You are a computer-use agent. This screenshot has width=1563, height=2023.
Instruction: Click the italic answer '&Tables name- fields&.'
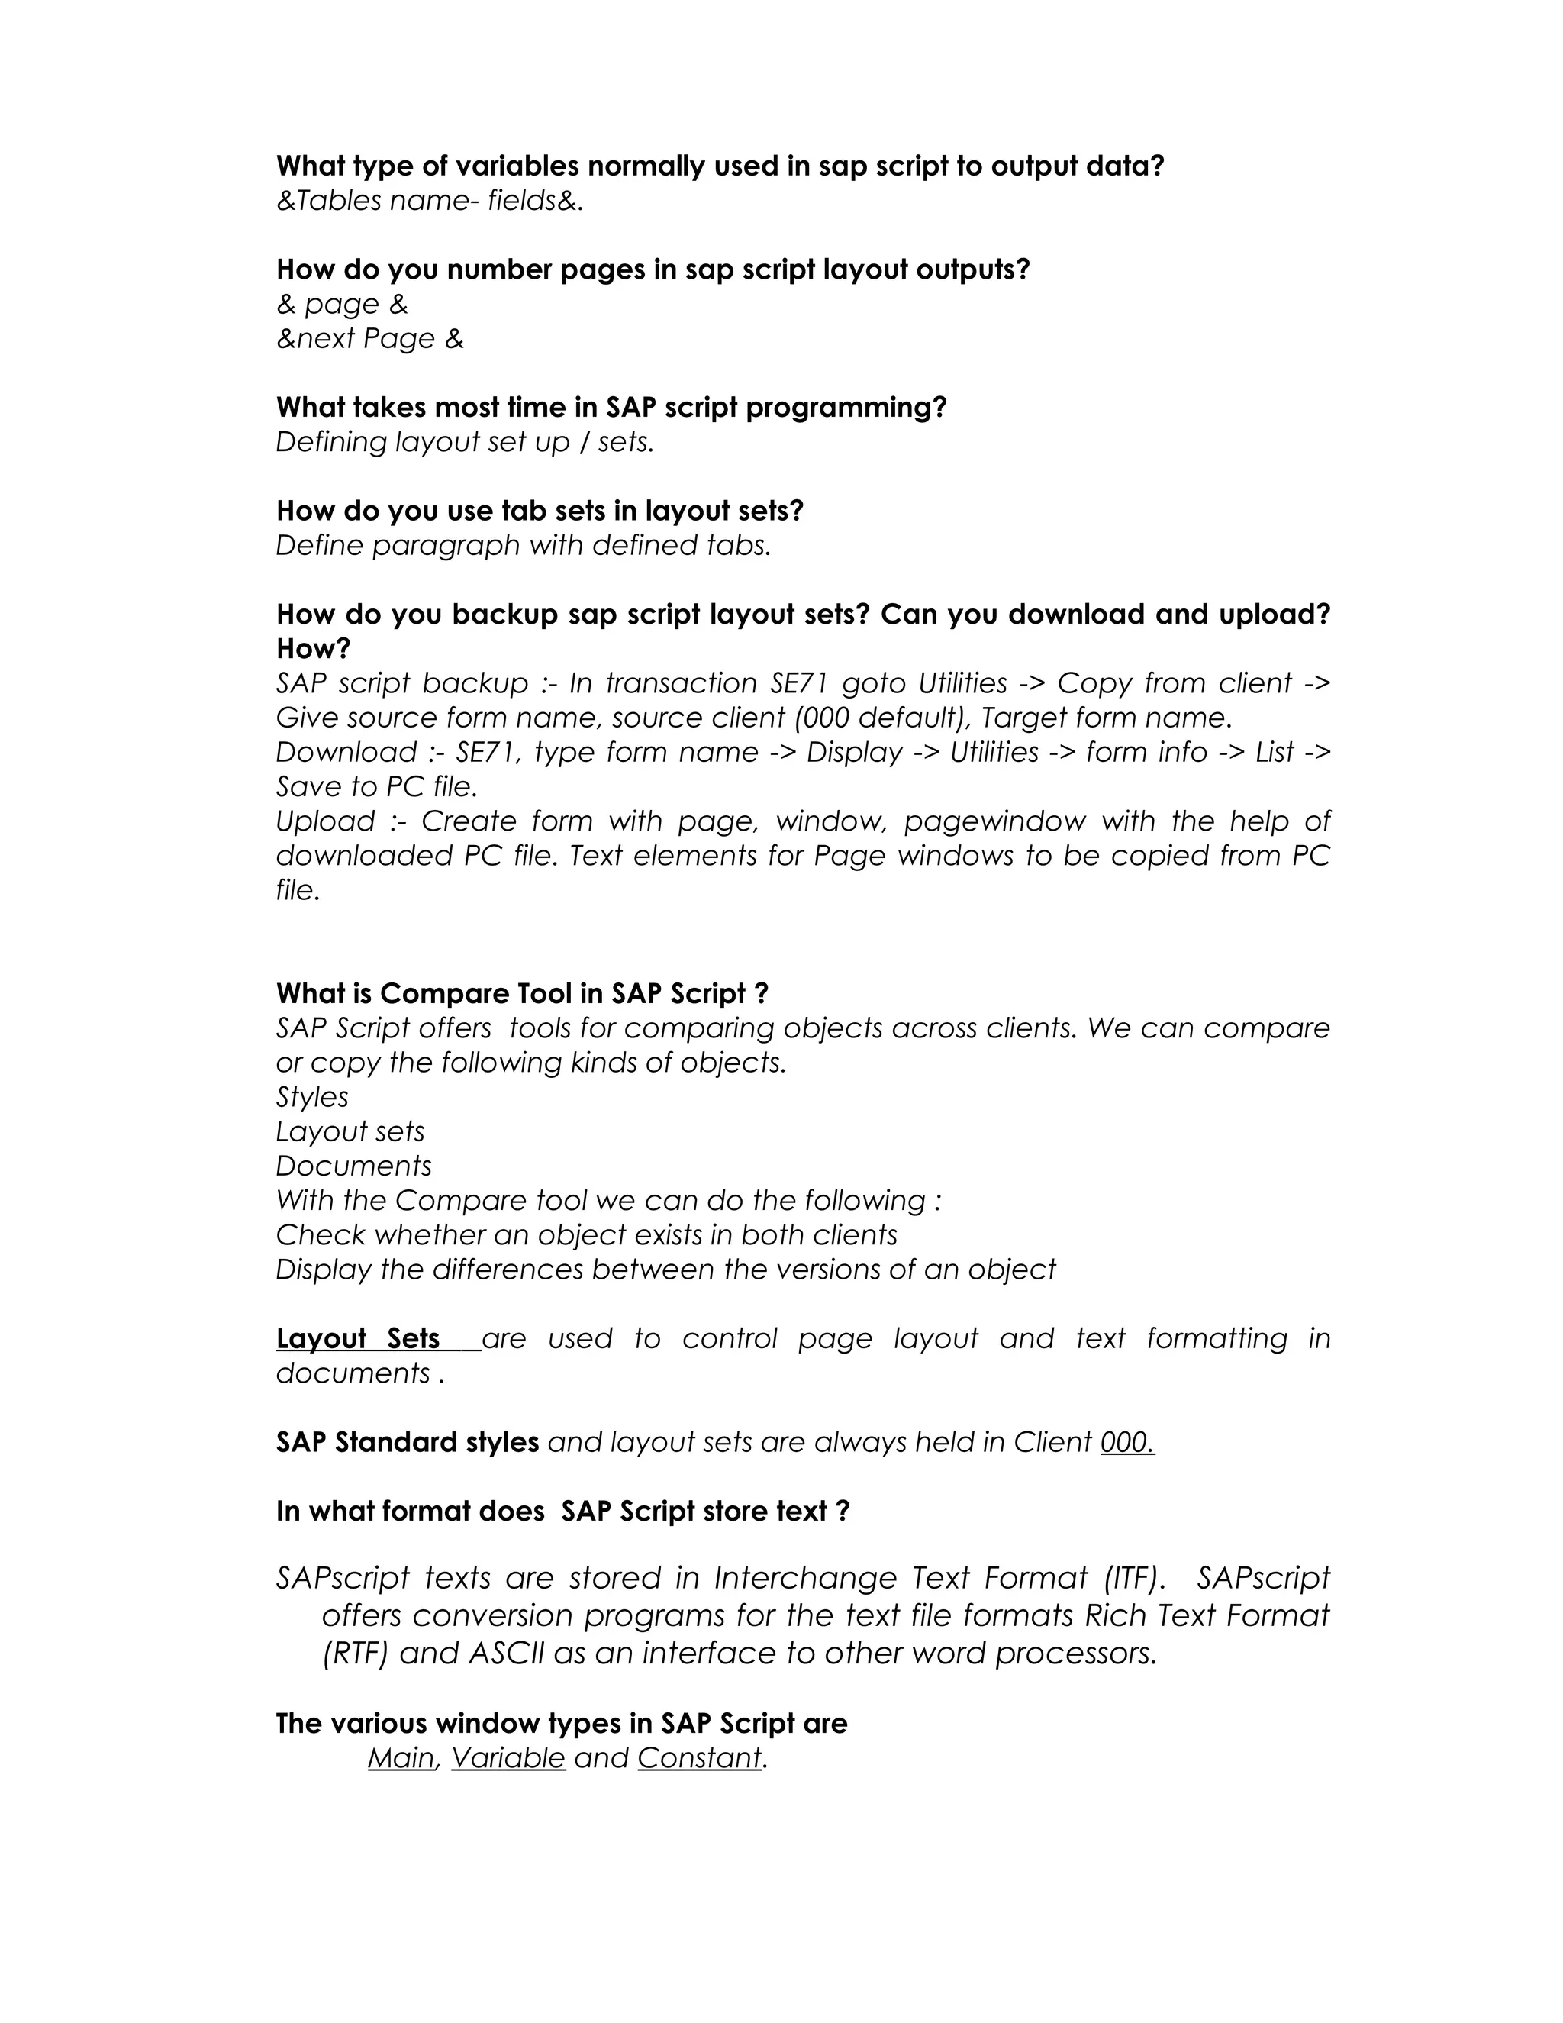(430, 201)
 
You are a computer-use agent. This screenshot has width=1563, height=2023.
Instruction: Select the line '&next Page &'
(369, 339)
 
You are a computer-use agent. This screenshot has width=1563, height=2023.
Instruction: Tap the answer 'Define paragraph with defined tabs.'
(523, 546)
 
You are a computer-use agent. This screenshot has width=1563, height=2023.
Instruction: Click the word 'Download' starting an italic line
(346, 752)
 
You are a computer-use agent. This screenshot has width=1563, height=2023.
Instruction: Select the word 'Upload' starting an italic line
(325, 821)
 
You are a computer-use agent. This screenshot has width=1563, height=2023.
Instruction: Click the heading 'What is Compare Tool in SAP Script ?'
(522, 994)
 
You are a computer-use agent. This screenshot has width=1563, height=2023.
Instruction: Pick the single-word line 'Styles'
(312, 1098)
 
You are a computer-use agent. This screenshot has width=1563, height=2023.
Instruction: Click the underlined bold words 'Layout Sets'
(359, 1340)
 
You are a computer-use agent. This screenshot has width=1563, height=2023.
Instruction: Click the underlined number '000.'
(1127, 1443)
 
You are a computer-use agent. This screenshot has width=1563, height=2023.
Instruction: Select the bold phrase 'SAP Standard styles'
(408, 1443)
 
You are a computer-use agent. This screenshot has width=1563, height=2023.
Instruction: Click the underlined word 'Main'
(400, 1758)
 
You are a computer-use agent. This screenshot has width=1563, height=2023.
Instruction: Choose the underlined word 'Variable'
(508, 1758)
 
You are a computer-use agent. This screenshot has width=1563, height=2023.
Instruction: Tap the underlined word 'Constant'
(699, 1758)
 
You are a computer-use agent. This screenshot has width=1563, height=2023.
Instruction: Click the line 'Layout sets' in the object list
(350, 1132)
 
